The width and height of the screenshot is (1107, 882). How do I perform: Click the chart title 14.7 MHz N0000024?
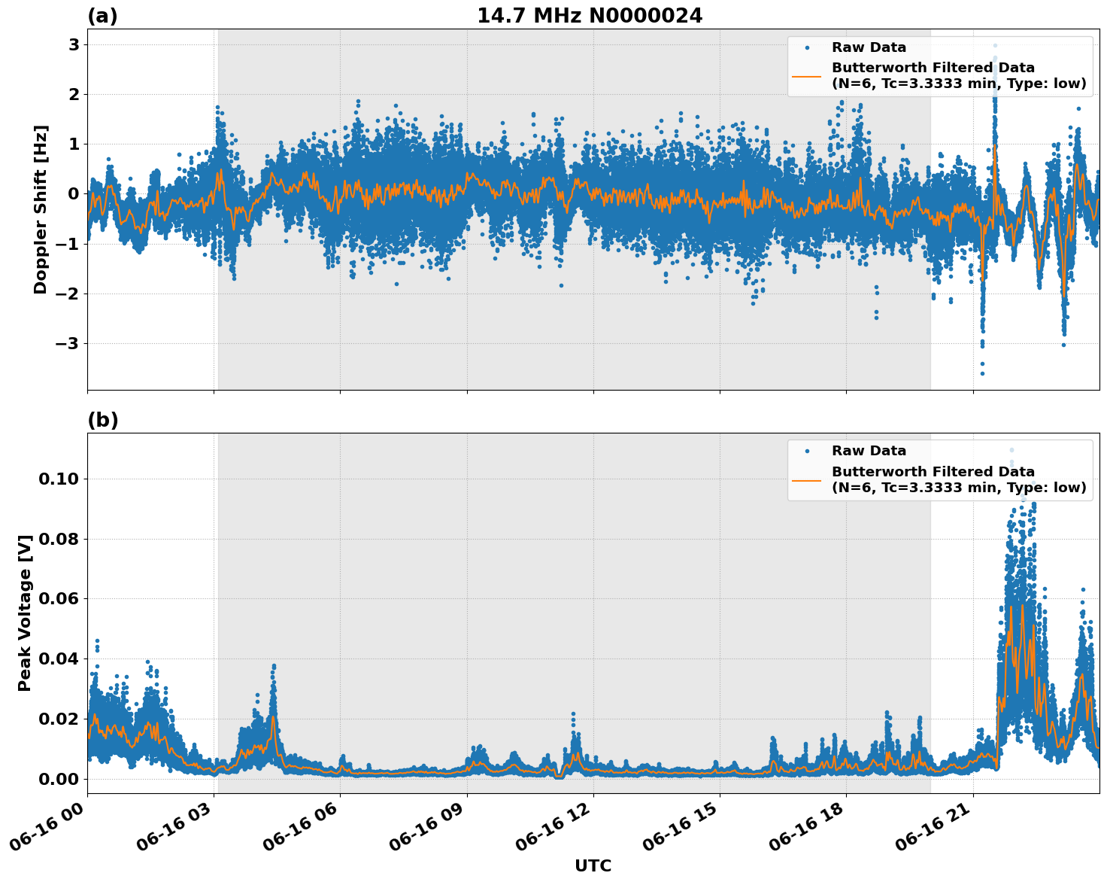pos(590,16)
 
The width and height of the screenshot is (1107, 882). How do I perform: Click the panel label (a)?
pos(102,16)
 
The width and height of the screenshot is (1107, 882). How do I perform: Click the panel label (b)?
pos(103,420)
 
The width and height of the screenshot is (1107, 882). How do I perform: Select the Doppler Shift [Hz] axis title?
pos(41,209)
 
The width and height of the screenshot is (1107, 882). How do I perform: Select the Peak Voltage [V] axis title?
pos(25,613)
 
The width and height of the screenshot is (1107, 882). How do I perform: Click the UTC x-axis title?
pos(593,865)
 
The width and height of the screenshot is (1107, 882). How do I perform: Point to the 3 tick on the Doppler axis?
pos(74,45)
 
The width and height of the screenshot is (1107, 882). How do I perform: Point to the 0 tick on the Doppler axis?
pos(74,194)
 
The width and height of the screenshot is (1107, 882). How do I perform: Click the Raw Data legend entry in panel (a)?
pos(869,47)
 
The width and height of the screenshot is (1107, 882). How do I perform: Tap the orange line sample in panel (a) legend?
pos(806,75)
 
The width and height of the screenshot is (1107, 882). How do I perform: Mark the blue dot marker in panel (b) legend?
pos(806,452)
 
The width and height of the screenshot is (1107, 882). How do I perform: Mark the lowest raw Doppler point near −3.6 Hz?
pos(982,373)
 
